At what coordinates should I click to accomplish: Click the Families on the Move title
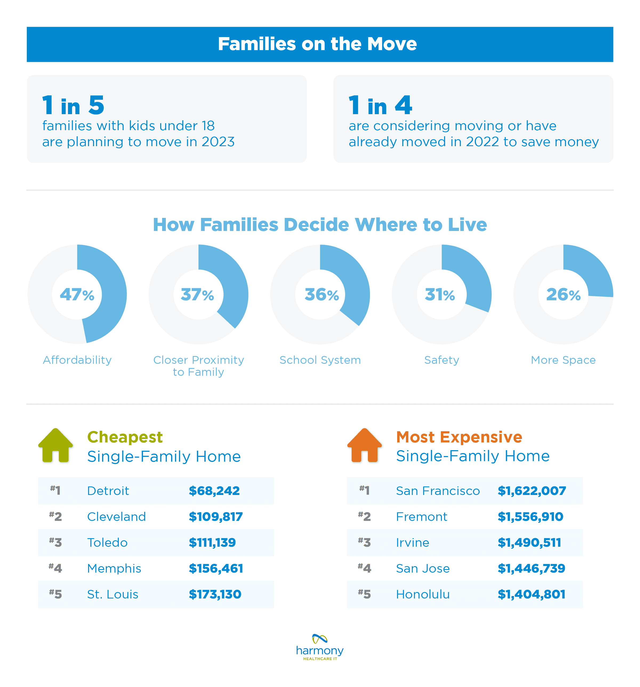point(317,44)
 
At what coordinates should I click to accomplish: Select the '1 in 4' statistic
point(380,105)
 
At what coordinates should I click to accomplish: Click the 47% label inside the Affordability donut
point(77,294)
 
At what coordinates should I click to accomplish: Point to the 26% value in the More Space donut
point(563,294)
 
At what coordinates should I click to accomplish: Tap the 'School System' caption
point(320,360)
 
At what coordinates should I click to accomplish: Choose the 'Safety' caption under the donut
point(441,360)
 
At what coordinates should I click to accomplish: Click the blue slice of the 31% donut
point(473,277)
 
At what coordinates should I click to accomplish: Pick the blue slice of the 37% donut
point(228,283)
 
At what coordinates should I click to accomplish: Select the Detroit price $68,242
point(214,491)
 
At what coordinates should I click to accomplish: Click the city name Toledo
point(107,542)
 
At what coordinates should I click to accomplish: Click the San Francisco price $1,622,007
point(532,491)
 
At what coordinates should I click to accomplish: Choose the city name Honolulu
point(423,594)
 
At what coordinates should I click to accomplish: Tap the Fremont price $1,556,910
point(530,517)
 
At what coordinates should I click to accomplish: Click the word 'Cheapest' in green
point(125,437)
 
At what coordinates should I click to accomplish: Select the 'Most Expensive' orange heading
point(459,437)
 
